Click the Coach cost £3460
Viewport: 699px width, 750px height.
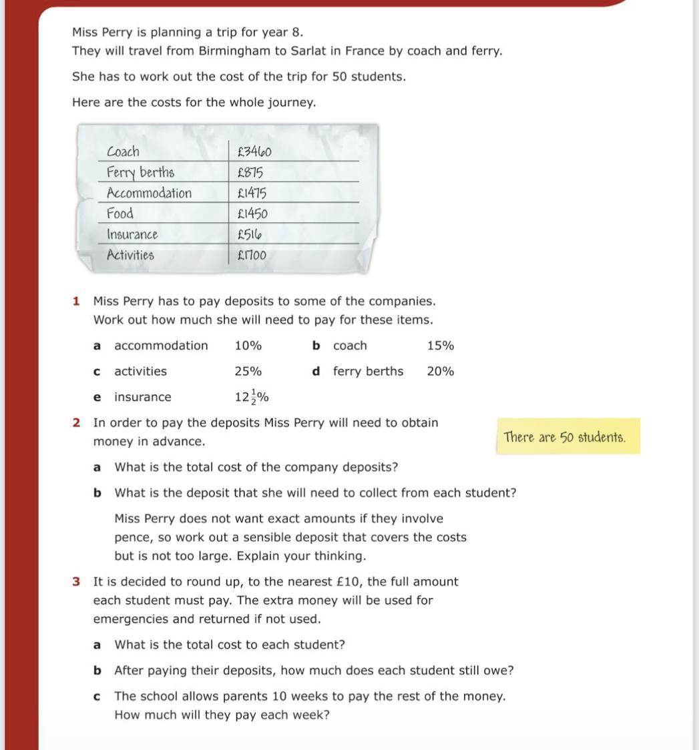pos(254,151)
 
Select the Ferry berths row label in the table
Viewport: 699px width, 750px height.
pos(140,173)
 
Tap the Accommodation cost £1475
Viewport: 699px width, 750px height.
pos(252,194)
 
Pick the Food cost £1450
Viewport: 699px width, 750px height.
pos(252,214)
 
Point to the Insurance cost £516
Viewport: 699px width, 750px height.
pos(250,235)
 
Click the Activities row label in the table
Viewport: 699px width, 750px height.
pos(130,256)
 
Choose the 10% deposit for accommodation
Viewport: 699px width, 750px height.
pos(248,346)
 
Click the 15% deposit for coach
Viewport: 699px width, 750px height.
pos(441,346)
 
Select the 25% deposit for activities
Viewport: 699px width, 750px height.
pos(248,372)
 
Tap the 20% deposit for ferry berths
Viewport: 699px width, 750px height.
pos(441,372)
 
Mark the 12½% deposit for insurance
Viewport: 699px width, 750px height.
pos(252,398)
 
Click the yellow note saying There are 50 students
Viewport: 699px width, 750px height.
pos(565,438)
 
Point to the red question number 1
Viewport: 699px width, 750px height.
pos(76,302)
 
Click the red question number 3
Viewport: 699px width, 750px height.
pos(76,582)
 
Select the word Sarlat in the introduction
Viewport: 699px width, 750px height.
pos(308,51)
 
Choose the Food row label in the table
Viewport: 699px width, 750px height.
pos(120,214)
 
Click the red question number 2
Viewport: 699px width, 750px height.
pos(76,423)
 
